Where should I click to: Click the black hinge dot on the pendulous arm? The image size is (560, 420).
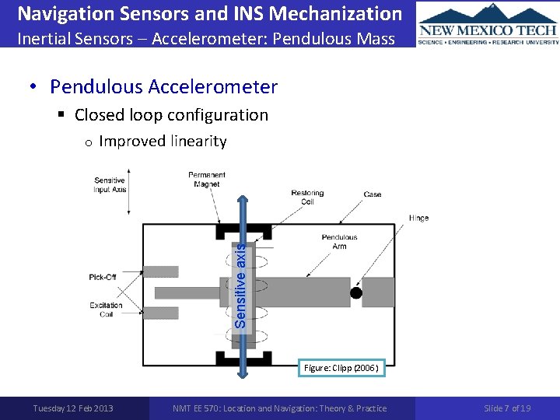click(355, 293)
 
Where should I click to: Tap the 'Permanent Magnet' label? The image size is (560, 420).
click(207, 180)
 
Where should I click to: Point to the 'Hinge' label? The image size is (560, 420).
click(418, 219)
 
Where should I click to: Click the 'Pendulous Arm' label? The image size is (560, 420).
click(339, 242)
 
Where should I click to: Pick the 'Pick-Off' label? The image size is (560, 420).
click(103, 278)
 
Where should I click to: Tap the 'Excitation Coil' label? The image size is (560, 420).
click(106, 310)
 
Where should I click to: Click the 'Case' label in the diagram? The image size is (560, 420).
click(373, 194)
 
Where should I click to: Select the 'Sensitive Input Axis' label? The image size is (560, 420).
click(110, 185)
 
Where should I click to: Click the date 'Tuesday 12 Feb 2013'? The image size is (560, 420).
click(73, 408)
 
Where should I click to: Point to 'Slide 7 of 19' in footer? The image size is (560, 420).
click(507, 408)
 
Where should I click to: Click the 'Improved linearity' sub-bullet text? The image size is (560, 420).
click(163, 142)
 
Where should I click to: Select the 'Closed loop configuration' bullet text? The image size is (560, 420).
click(171, 115)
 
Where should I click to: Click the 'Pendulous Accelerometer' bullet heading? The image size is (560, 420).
click(163, 86)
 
